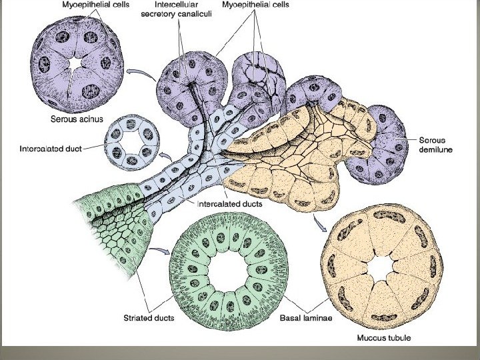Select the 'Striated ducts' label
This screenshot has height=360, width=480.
pos(149,318)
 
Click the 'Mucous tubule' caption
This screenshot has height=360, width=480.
pos(384,337)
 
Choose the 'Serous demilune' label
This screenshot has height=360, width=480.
pos(436,145)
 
